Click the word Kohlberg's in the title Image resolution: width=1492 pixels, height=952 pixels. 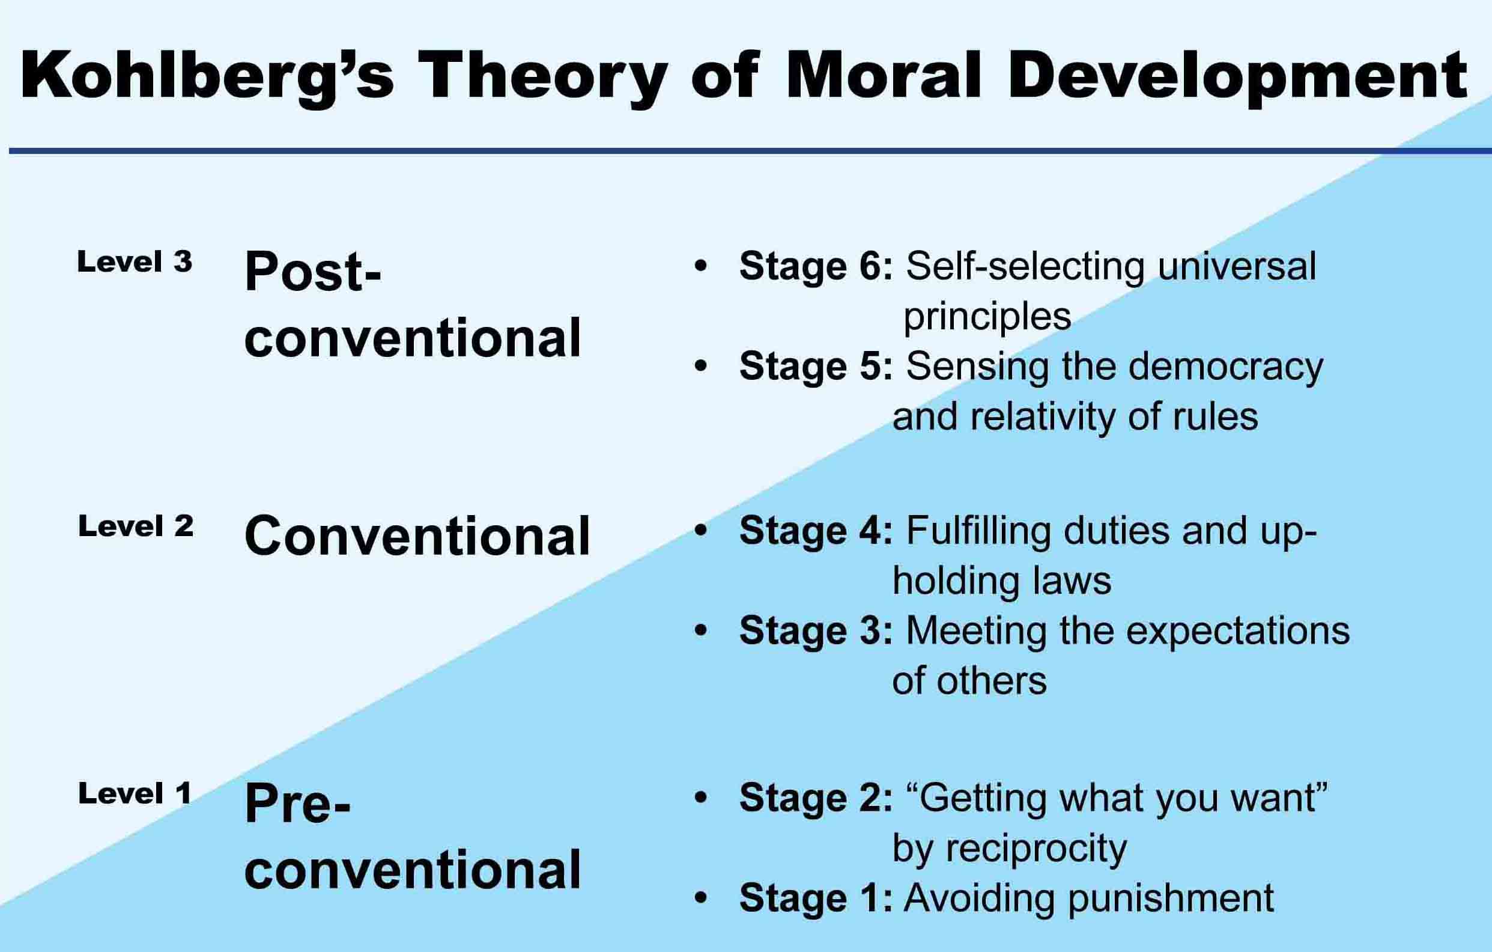click(x=207, y=76)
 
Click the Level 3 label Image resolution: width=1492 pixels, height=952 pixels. click(x=135, y=262)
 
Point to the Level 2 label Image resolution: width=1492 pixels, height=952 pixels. click(x=136, y=527)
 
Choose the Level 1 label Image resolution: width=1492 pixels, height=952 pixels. click(x=135, y=794)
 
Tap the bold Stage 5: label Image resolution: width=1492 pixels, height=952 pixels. click(x=816, y=367)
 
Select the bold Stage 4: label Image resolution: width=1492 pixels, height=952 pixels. click(x=816, y=532)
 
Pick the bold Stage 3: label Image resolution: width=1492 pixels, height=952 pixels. click(x=816, y=632)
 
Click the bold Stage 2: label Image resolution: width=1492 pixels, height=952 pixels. click(x=816, y=798)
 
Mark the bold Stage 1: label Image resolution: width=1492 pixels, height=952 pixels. click(x=816, y=898)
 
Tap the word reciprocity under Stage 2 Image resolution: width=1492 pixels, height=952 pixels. click(x=1036, y=849)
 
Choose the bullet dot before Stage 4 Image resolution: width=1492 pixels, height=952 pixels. click(x=701, y=531)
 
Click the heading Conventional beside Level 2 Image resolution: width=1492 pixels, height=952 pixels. click(x=417, y=535)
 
